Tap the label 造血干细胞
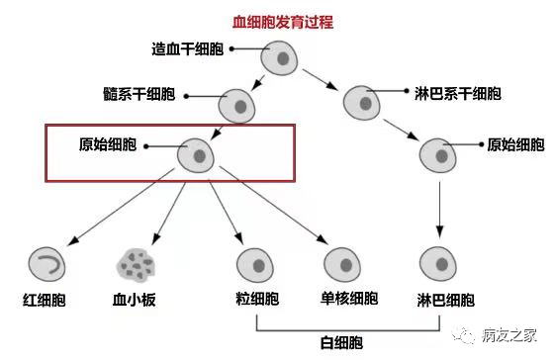(x=187, y=49)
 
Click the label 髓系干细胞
(x=165, y=96)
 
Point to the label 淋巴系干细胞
(x=457, y=95)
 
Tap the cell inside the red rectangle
(x=198, y=155)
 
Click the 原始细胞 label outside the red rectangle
(x=515, y=144)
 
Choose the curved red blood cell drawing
(x=46, y=262)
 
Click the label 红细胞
(x=45, y=300)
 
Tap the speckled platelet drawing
(x=134, y=264)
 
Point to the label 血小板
(x=135, y=300)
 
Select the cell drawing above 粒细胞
(x=256, y=264)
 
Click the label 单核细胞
(x=349, y=299)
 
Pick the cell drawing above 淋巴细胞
(x=438, y=264)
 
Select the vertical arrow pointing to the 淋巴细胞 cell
(x=438, y=210)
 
